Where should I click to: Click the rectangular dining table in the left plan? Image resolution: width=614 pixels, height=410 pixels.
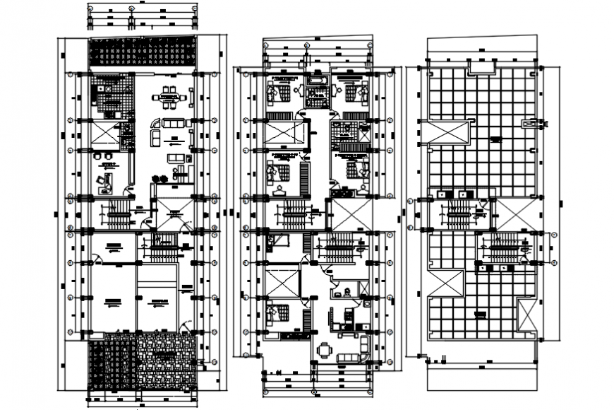point(169,98)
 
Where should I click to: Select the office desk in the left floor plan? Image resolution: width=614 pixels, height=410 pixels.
point(105,182)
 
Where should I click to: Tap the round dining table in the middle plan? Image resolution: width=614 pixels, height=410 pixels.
point(324,349)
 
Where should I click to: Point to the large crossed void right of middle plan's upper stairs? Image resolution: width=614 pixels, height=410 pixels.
point(350,213)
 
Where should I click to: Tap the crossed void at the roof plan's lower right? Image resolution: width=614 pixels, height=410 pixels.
point(526,315)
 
